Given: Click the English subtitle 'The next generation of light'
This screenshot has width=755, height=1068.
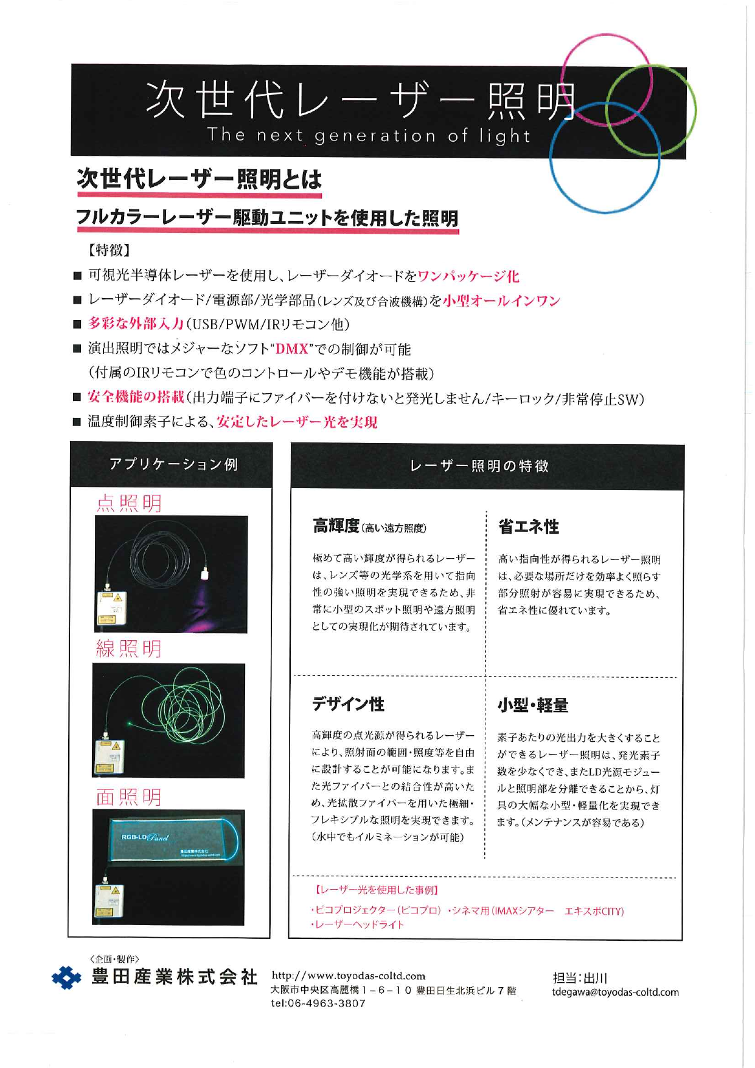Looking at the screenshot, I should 369,135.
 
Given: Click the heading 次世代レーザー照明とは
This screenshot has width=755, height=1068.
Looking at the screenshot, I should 199,179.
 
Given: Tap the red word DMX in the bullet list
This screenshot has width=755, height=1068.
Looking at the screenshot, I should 292,349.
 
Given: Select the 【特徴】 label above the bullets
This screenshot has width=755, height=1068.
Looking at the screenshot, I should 110,250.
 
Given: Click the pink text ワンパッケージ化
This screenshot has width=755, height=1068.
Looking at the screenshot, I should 468,276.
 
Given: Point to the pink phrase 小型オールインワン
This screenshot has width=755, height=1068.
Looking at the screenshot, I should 501,301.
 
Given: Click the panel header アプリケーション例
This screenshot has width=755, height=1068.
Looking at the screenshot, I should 173,465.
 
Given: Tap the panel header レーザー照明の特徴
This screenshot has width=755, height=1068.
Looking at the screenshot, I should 479,466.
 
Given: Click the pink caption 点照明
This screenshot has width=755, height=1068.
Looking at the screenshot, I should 129,503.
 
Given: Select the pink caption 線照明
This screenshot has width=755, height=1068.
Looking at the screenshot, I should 129,649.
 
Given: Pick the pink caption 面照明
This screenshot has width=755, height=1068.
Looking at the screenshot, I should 129,797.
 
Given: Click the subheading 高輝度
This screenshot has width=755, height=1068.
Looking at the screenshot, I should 336,526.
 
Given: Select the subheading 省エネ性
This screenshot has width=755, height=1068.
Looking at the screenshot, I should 528,526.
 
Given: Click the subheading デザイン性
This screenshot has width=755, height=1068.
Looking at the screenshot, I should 348,704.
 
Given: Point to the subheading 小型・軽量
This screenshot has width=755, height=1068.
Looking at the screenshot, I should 533,705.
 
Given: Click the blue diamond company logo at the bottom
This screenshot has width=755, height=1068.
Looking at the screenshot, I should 66,978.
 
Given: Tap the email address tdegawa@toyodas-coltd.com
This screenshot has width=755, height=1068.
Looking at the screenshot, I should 615,992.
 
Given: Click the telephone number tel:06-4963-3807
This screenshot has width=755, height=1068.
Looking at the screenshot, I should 318,1003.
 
